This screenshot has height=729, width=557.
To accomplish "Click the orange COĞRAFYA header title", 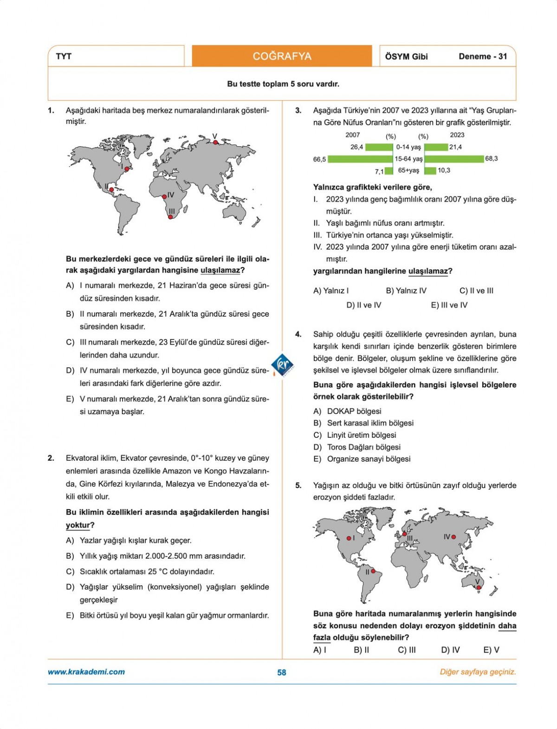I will coord(282,56).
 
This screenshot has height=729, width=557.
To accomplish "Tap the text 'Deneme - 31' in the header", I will coord(483,56).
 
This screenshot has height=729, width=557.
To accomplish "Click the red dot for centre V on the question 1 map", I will coord(215,143).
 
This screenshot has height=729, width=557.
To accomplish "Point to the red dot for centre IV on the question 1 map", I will coord(164,197).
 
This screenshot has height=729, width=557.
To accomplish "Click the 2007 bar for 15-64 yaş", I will coord(360,159).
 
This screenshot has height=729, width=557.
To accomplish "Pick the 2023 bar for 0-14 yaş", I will coord(436,147).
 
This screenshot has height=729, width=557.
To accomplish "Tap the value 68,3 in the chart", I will coord(492,158).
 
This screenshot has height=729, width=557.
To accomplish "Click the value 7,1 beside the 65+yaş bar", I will coord(379,171).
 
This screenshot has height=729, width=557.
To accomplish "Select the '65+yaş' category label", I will coord(408,170).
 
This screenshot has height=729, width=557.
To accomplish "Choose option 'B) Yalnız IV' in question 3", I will coord(406,291).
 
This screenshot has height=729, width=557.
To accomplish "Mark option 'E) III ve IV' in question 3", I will coord(449,305).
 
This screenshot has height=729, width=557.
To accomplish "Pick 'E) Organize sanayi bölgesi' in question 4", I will coord(362,459).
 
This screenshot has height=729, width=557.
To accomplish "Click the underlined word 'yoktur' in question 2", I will coord(78,525).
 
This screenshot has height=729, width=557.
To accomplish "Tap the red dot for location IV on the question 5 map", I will coord(453,537).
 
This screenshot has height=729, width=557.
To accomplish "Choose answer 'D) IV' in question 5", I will coord(450,650).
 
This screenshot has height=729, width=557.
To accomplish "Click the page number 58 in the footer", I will coord(282,672).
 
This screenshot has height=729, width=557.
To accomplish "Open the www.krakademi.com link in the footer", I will coord(86,672).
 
